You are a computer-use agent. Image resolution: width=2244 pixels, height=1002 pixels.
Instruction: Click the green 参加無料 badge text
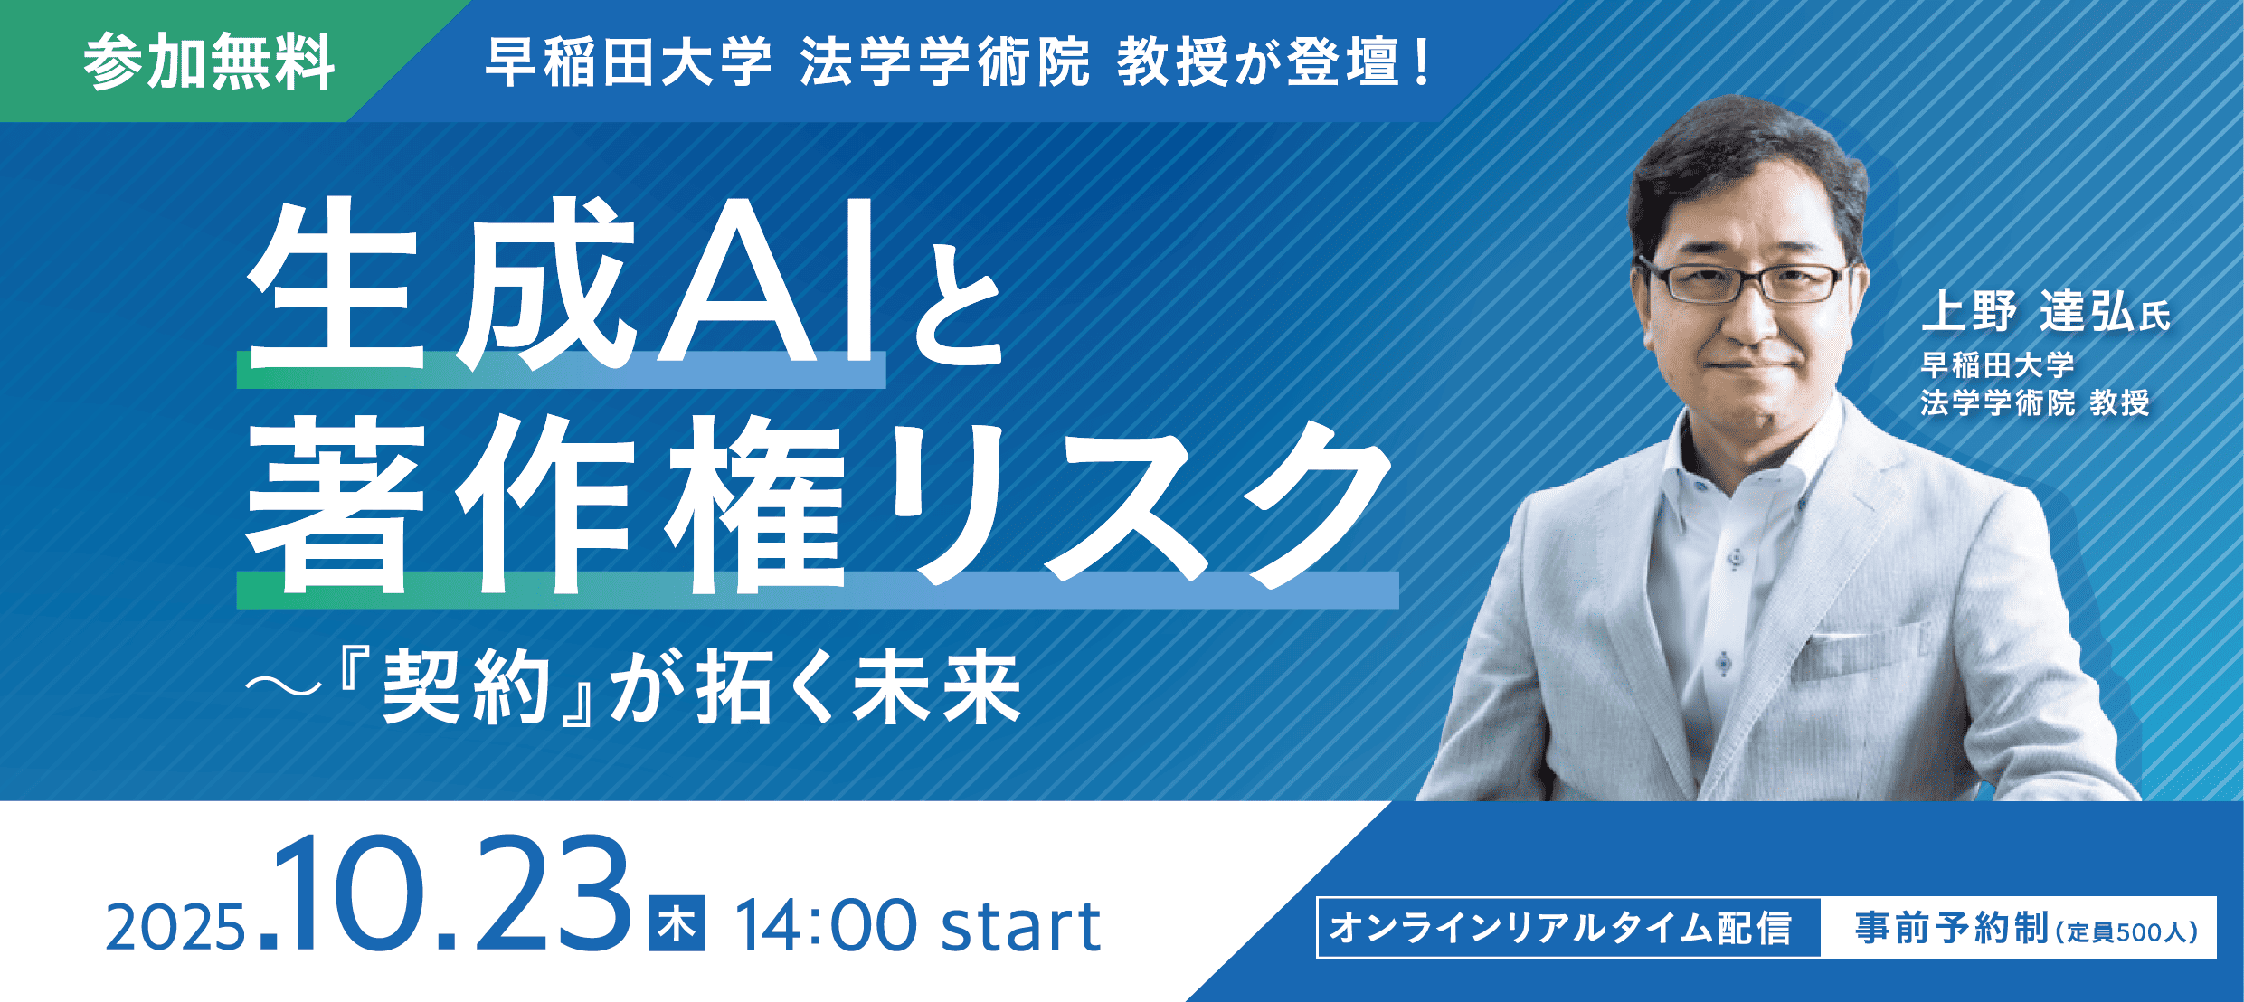click(209, 62)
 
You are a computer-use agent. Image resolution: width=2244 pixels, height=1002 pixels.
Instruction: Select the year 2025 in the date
click(175, 928)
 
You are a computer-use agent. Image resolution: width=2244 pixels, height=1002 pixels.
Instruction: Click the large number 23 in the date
click(553, 894)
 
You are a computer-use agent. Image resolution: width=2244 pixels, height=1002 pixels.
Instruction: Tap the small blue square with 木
click(676, 923)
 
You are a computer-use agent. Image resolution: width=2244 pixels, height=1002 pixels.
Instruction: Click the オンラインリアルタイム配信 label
click(1560, 928)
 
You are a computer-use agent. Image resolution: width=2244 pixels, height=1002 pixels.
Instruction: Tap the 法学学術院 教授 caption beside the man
click(2035, 402)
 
